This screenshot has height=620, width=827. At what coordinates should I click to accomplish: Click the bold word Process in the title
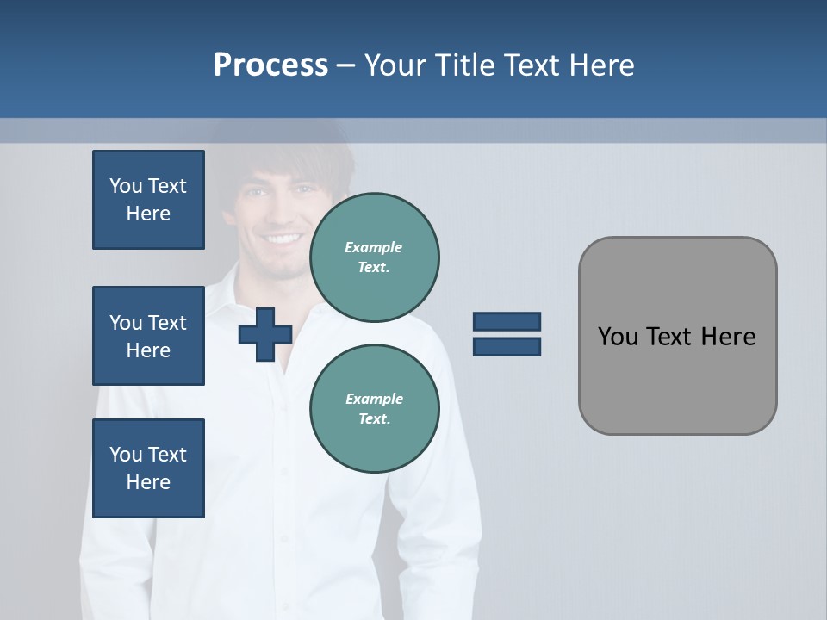click(x=270, y=65)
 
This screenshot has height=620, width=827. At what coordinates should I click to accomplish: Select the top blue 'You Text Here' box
click(x=148, y=200)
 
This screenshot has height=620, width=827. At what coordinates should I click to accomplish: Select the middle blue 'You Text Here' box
click(x=148, y=336)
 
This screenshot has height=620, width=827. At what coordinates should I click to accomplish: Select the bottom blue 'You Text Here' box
click(x=148, y=468)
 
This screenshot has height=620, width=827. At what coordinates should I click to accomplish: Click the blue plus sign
click(x=265, y=334)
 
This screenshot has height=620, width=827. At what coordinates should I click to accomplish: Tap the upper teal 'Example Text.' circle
click(x=374, y=257)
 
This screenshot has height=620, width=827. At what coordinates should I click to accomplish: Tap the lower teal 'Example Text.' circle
click(x=374, y=408)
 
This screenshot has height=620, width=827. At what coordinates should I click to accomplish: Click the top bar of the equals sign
click(x=507, y=321)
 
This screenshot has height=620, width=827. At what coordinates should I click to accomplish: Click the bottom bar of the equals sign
click(x=507, y=347)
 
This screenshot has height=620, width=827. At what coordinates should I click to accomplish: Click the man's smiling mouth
click(x=284, y=239)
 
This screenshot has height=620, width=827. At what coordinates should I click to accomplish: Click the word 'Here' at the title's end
click(x=601, y=65)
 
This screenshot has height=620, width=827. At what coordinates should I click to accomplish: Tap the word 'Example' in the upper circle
click(x=374, y=247)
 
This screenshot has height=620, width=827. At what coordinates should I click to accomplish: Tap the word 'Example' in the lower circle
click(x=374, y=399)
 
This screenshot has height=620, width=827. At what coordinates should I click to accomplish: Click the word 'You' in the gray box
click(x=618, y=337)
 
